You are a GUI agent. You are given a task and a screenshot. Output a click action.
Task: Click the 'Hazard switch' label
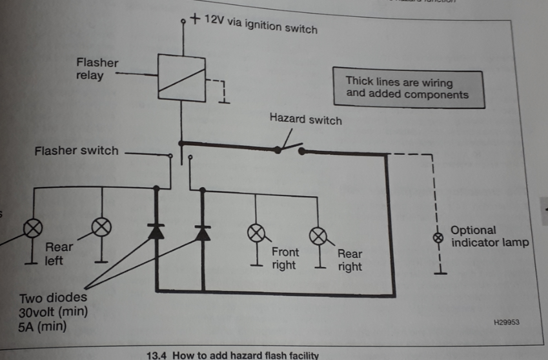pos(305,119)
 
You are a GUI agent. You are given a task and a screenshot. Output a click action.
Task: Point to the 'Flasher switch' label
pos(77,151)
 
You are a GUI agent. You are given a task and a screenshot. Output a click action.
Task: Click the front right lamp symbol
pos(256,233)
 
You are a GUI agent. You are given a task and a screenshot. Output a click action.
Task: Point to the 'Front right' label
pos(284,259)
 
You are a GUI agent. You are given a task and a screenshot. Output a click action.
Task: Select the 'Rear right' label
pos(350,260)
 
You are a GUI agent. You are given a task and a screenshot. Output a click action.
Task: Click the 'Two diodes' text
pos(53,298)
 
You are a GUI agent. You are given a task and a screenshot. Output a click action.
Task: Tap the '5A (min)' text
pos(43,327)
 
